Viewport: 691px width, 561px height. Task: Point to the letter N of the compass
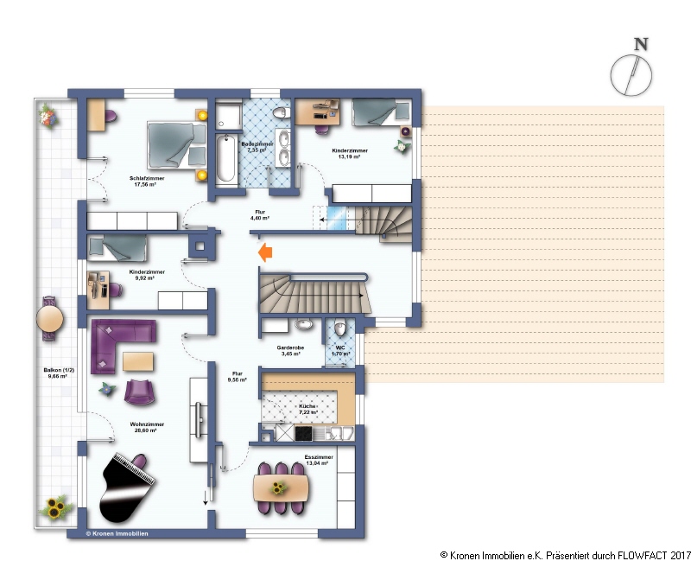click(x=640, y=45)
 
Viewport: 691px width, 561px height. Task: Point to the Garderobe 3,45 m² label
click(x=288, y=351)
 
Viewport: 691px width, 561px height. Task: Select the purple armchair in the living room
click(x=140, y=392)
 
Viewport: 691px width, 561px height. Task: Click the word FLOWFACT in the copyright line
click(x=622, y=554)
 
